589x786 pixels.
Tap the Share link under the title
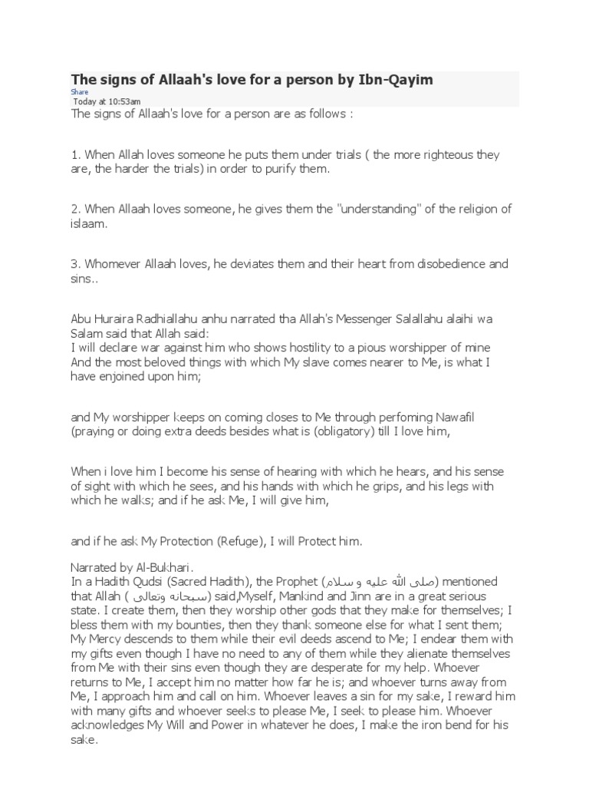point(80,92)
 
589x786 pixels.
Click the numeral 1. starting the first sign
point(75,154)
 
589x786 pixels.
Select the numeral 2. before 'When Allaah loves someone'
point(75,210)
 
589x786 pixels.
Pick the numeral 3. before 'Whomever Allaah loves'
point(75,264)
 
